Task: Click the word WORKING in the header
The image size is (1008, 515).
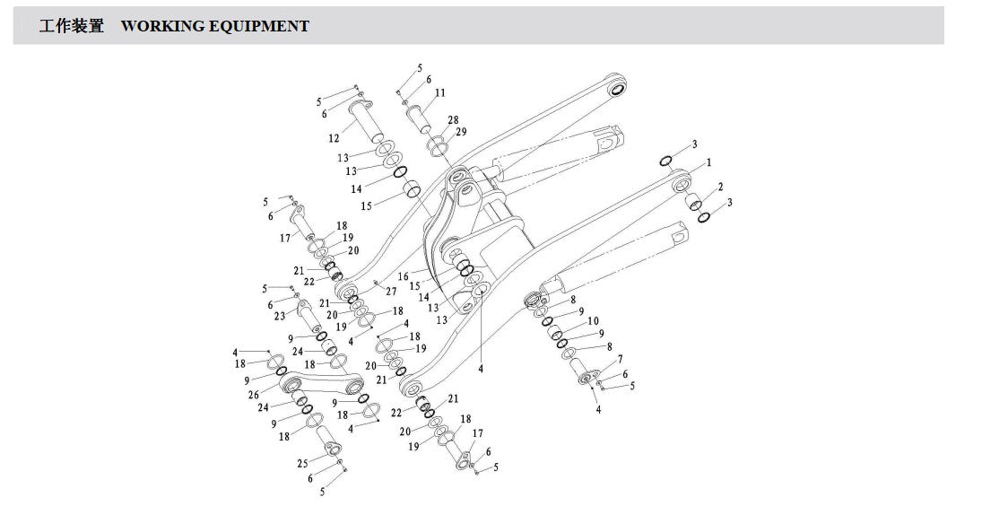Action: [163, 26]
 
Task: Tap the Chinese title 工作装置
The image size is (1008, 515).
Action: [72, 26]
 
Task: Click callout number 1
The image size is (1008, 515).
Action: [709, 162]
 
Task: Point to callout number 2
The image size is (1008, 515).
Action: [721, 188]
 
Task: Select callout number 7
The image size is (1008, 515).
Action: [620, 359]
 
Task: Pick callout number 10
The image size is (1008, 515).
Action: [594, 321]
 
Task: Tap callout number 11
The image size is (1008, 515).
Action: [439, 92]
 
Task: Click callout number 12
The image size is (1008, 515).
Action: [334, 138]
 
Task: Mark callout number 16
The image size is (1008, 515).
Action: [403, 276]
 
